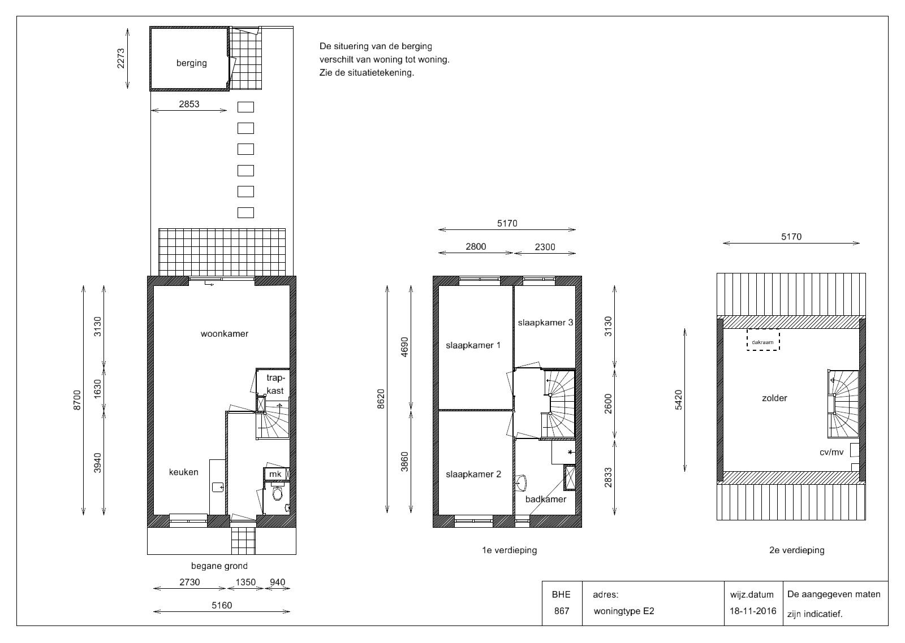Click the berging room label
[x=192, y=63]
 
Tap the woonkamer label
[x=224, y=334]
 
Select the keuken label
[x=183, y=472]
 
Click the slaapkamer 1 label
[x=473, y=346]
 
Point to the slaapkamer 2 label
[x=473, y=474]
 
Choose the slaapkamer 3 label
[x=545, y=323]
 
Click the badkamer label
[x=545, y=499]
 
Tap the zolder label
[x=774, y=398]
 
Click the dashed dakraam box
[x=763, y=340]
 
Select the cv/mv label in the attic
[x=831, y=453]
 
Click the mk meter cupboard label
[x=275, y=474]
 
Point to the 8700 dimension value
[x=77, y=400]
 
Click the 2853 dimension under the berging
[x=189, y=104]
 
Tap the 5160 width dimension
[x=222, y=605]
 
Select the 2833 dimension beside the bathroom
[x=608, y=477]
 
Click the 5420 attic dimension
[x=678, y=400]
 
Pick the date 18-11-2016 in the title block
[x=753, y=611]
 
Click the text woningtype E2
[x=624, y=611]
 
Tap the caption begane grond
[x=219, y=566]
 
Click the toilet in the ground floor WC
[x=277, y=493]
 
